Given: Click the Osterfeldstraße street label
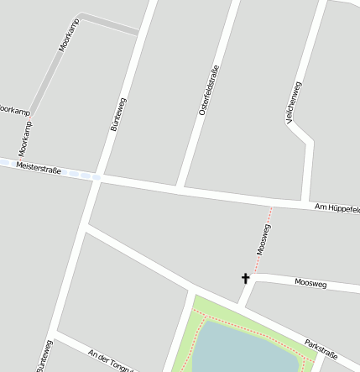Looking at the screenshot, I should click(x=209, y=90).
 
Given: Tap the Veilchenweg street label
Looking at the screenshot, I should click(x=294, y=103).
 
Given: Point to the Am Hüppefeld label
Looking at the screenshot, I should click(x=336, y=207).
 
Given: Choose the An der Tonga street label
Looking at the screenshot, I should click(x=110, y=359).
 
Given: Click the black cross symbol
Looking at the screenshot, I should click(x=246, y=278).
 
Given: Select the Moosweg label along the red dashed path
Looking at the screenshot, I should click(x=263, y=239).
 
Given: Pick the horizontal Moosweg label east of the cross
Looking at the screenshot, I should click(x=313, y=284).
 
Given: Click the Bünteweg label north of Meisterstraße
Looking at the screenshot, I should click(x=118, y=114).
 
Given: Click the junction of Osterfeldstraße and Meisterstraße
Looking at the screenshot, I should click(x=180, y=186).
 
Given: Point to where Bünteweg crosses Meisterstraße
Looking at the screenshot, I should click(x=97, y=177).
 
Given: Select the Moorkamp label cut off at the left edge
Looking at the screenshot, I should click(x=14, y=110).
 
